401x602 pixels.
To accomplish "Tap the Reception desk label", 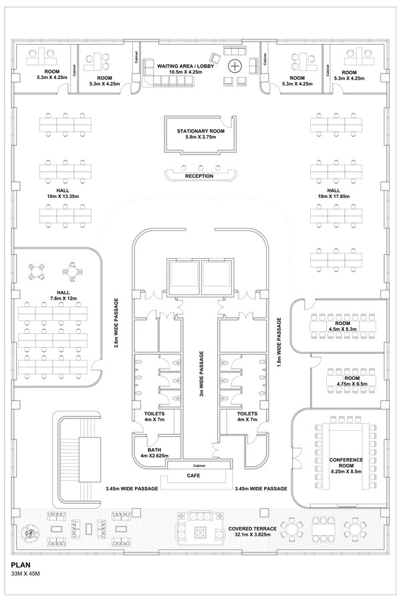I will point(199,176).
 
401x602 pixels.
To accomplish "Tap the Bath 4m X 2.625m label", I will point(154,453).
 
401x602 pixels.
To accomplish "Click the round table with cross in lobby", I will point(235,66).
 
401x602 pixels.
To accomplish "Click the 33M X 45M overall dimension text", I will point(26,575).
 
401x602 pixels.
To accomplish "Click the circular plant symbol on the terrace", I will point(31,534).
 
